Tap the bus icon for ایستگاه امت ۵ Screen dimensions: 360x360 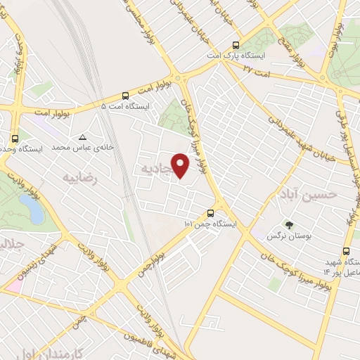click(x=125, y=95)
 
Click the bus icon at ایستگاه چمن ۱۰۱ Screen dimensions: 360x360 click(x=210, y=213)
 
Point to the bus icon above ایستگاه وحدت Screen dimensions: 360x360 click(x=15, y=138)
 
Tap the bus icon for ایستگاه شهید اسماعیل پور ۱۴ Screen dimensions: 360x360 click(x=346, y=250)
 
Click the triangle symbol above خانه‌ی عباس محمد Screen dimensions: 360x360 click(x=83, y=137)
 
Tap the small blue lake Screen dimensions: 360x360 click(x=30, y=207)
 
